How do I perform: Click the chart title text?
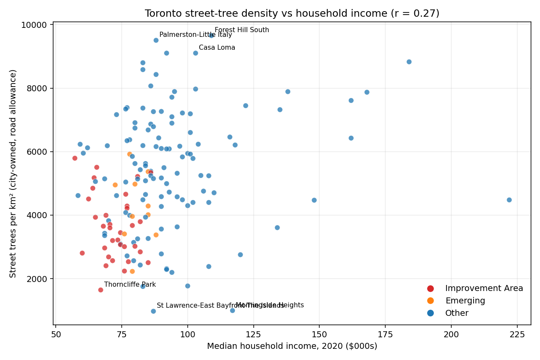coord(292,14)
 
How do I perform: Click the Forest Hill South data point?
coord(211,36)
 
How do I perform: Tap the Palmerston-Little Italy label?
coord(195,35)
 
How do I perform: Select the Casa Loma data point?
coord(195,53)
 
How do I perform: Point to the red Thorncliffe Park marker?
coord(101,290)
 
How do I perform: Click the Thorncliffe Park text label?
coord(130,285)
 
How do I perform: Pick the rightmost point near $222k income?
coord(509,200)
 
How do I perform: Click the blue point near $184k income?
coord(409,62)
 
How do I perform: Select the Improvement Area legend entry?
coord(484,288)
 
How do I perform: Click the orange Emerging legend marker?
coord(431,301)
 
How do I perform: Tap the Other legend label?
coord(457,313)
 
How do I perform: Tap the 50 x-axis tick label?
coord(56,335)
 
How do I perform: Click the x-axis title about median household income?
coord(292,346)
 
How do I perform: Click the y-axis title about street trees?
coord(13,174)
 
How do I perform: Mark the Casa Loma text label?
coord(217,48)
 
